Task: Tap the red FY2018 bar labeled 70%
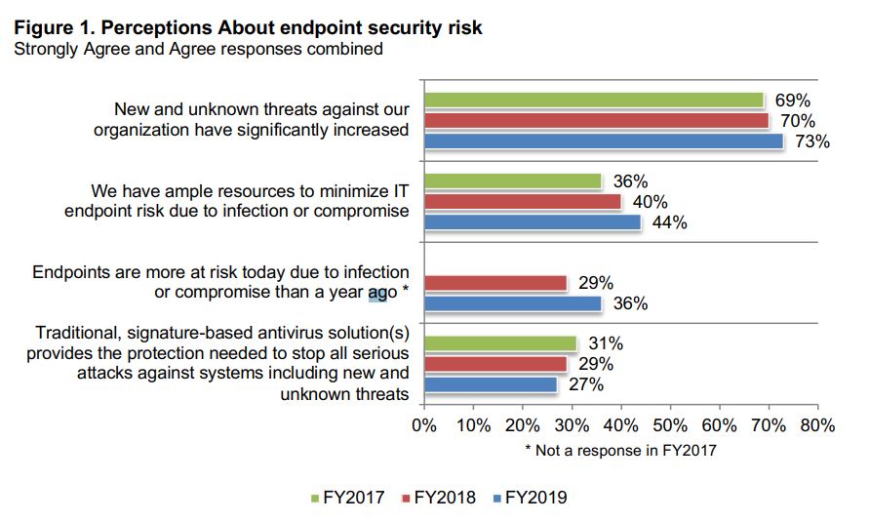pos(596,121)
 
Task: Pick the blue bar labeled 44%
pos(532,222)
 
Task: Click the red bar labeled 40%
pos(522,202)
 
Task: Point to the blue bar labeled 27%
pos(490,384)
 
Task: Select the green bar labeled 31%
pos(499,343)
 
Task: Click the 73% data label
pos(811,142)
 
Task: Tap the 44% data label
pos(669,222)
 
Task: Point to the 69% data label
pos(792,100)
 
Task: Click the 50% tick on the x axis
pos(670,425)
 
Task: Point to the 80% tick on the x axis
pos(817,425)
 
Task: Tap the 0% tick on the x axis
pos(424,425)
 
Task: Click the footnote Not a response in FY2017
pos(620,451)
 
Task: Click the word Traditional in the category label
pos(79,333)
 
